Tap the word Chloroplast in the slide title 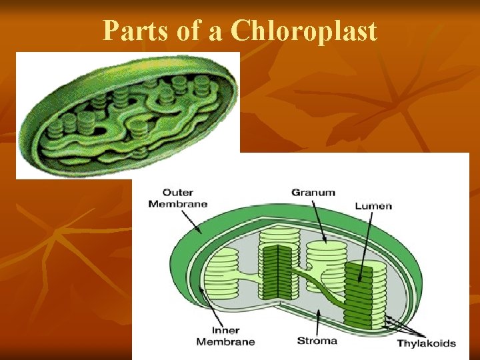pos(304,31)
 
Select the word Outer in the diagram pos(178,192)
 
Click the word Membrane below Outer pos(178,203)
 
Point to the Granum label pos(313,193)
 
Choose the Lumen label pos(373,205)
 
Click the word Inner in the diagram pos(225,330)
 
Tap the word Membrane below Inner pos(225,341)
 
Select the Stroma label pos(317,341)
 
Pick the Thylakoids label pos(426,343)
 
